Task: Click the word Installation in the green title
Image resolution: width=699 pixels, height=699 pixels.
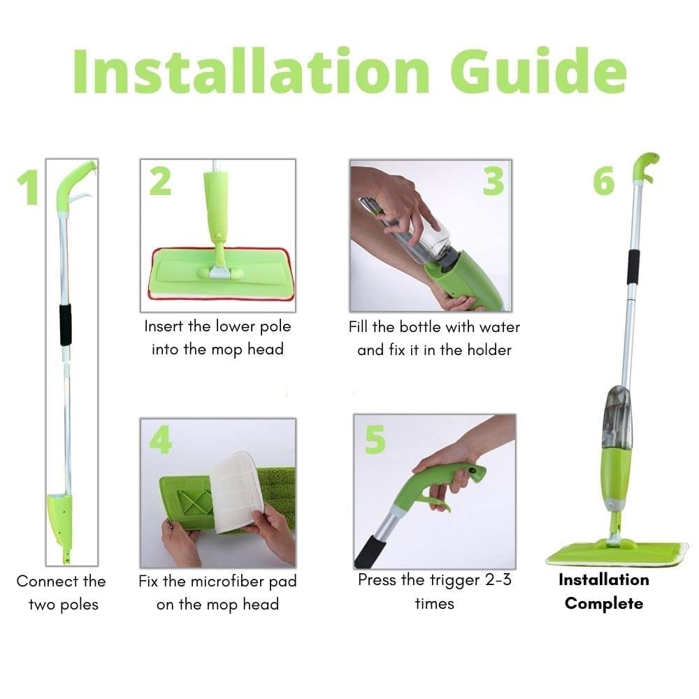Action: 252,71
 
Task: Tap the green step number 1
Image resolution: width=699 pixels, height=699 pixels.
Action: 28,188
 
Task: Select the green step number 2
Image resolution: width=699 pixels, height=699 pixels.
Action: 161,182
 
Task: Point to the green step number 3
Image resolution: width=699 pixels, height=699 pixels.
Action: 493,182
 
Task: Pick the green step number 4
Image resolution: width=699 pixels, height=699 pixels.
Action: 161,439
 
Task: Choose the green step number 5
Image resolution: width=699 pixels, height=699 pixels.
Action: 375,439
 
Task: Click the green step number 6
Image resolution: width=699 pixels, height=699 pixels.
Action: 604,182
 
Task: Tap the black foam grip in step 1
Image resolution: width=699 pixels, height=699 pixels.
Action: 66,325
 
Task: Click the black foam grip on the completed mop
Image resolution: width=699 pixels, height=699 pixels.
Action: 633,267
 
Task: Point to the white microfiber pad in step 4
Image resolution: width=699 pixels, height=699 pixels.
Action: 237,491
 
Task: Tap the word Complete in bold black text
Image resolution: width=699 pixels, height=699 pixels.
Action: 604,604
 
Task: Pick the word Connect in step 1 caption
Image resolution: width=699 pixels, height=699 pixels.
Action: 41,582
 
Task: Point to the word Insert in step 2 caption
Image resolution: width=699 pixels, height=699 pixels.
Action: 163,326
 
